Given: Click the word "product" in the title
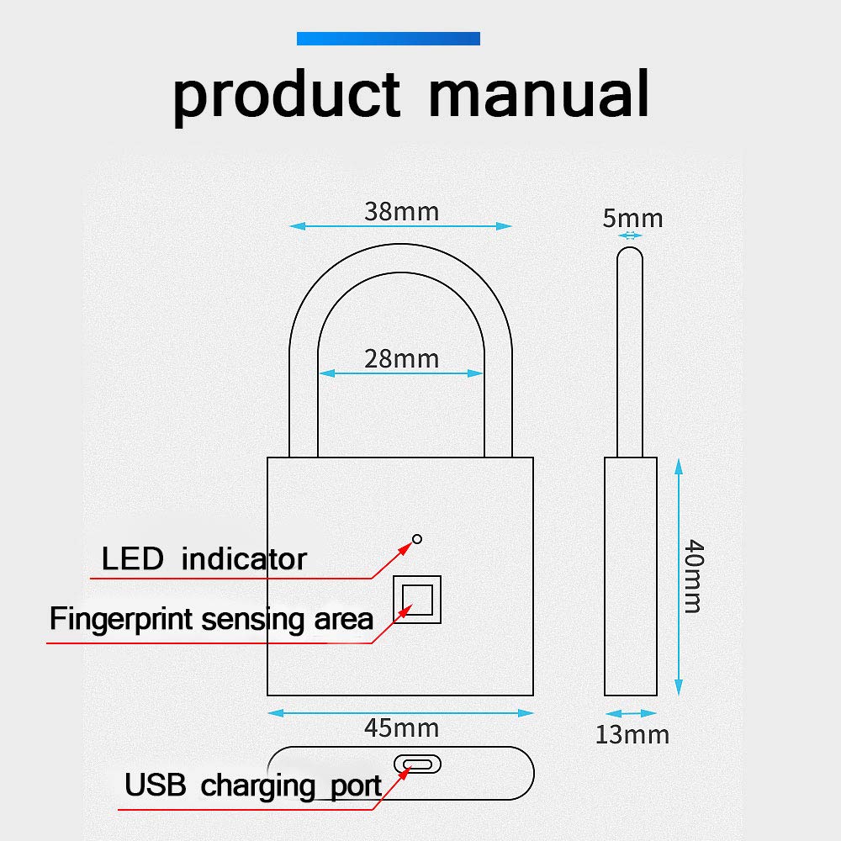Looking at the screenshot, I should [x=286, y=94].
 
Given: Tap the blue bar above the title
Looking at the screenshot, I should [x=388, y=38].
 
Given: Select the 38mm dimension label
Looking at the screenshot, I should [x=401, y=211].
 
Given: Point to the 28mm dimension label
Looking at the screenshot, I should [x=401, y=359].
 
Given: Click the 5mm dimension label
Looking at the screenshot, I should [x=632, y=219].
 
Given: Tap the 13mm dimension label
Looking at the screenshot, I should [x=632, y=734].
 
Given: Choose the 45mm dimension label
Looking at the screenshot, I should [x=401, y=727].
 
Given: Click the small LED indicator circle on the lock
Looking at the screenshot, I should [x=417, y=539].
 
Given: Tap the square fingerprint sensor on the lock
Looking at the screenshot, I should [x=418, y=599].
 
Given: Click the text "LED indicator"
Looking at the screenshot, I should [x=204, y=559].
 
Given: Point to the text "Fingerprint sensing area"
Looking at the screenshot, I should [x=210, y=620].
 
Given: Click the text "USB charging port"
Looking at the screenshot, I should [x=253, y=786].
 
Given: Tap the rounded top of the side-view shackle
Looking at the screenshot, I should [x=630, y=252].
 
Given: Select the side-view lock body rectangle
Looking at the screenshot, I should [x=631, y=576].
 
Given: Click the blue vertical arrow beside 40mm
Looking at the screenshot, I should [x=679, y=576].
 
